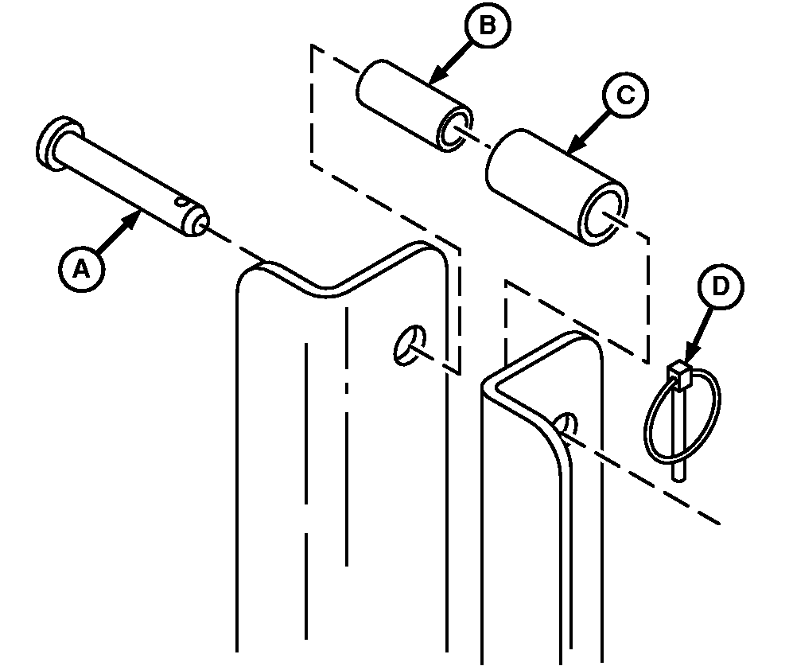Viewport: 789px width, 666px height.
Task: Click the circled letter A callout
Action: [81, 269]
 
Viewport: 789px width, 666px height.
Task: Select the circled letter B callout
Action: [488, 25]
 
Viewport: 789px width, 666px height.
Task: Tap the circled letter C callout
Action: [625, 95]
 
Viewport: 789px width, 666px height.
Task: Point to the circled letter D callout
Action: [721, 286]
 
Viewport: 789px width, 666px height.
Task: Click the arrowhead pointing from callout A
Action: [132, 220]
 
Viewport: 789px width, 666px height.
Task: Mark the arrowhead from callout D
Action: [691, 352]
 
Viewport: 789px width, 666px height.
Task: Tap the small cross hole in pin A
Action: [181, 202]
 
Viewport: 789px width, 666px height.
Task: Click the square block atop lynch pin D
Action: [678, 374]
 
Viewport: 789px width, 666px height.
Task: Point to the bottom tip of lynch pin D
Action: [678, 480]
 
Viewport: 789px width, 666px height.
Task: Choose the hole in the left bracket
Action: [409, 345]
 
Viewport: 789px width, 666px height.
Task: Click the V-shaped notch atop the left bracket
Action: [328, 291]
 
